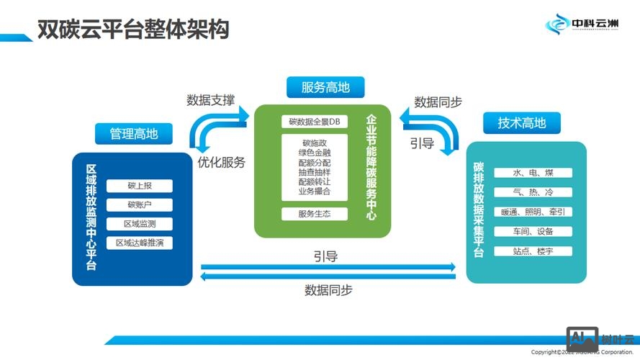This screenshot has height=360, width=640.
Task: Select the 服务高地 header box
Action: [x=325, y=88]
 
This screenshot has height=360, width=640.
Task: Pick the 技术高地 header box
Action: [x=522, y=122]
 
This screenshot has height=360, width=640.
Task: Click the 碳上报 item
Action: [x=140, y=186]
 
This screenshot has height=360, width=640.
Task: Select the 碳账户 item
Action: [x=140, y=205]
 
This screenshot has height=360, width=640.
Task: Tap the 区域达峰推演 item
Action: [x=140, y=243]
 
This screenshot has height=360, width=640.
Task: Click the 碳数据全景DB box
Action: [x=314, y=121]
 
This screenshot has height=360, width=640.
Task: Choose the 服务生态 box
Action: [x=314, y=214]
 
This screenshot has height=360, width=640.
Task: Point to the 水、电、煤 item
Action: [x=533, y=174]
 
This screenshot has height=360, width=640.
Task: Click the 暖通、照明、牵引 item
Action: [x=533, y=212]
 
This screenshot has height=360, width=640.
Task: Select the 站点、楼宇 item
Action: [x=533, y=251]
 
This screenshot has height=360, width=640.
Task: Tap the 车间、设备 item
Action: [x=533, y=232]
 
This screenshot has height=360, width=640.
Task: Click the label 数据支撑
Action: [x=210, y=100]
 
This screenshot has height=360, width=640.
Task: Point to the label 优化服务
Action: [x=221, y=162]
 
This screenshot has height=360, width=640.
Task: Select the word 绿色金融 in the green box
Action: [x=314, y=153]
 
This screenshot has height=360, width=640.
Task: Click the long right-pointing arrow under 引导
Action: [x=328, y=267]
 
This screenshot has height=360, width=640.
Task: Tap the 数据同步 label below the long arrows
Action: [x=328, y=290]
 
